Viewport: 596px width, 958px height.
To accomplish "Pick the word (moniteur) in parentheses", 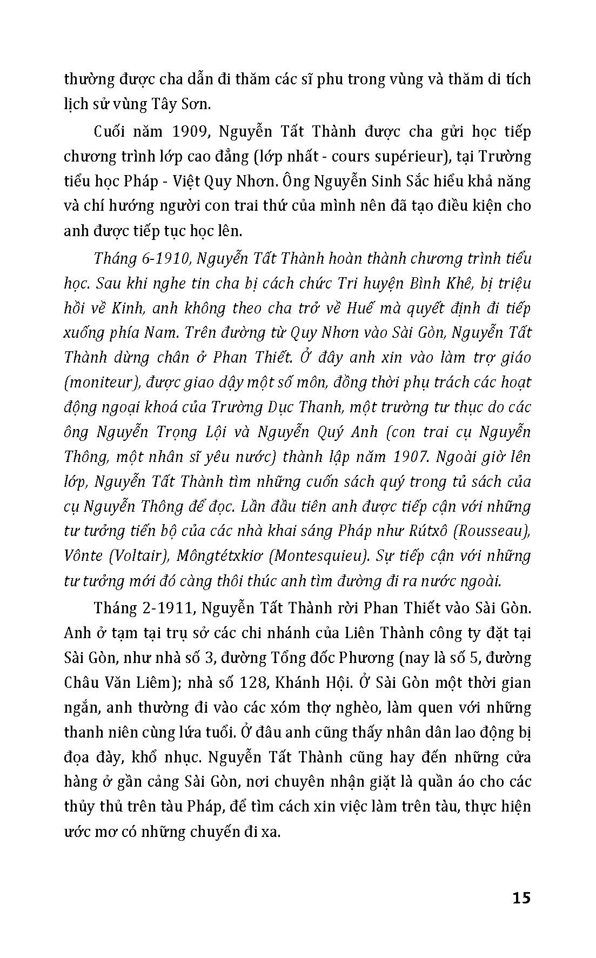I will click(98, 383).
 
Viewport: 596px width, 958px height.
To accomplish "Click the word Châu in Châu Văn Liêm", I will click(82, 682).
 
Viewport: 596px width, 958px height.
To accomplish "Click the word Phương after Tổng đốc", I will click(366, 658).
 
